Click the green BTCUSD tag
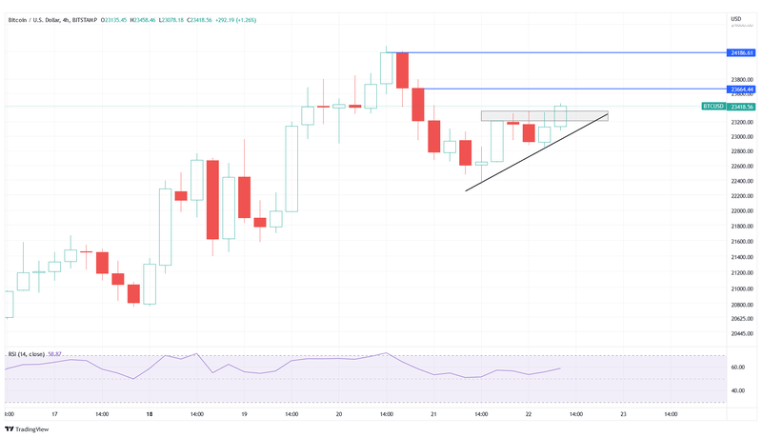tap(712, 107)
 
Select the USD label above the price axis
tap(735, 19)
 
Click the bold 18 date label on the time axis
tap(150, 415)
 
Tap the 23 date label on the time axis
tap(623, 415)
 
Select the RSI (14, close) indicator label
tap(28, 354)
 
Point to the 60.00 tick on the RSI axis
tap(737, 367)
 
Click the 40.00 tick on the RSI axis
tap(737, 390)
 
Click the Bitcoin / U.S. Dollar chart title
tap(40, 19)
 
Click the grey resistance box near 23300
tap(543, 116)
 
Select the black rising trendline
tap(533, 153)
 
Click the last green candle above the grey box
tap(560, 116)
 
